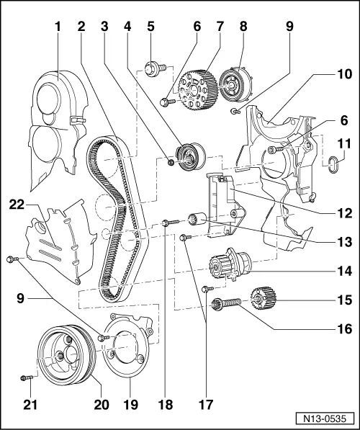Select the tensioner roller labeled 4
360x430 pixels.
[189, 156]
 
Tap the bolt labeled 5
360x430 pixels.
[153, 68]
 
